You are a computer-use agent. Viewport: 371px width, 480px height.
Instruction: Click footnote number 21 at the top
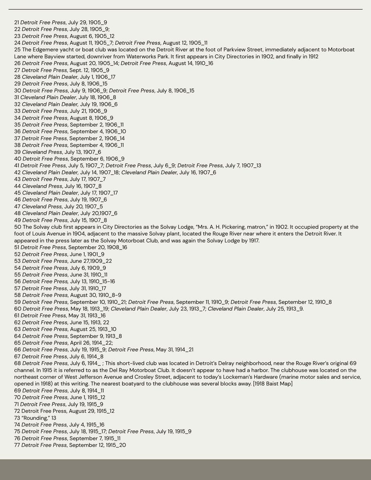(16, 22)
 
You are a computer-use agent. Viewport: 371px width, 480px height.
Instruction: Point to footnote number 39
(17, 152)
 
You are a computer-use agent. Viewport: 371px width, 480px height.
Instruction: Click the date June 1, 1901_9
(87, 254)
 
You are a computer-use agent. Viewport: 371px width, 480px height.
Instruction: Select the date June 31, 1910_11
(88, 274)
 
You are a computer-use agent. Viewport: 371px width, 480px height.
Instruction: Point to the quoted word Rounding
(36, 418)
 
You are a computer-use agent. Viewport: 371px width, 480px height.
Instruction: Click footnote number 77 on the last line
(17, 445)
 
